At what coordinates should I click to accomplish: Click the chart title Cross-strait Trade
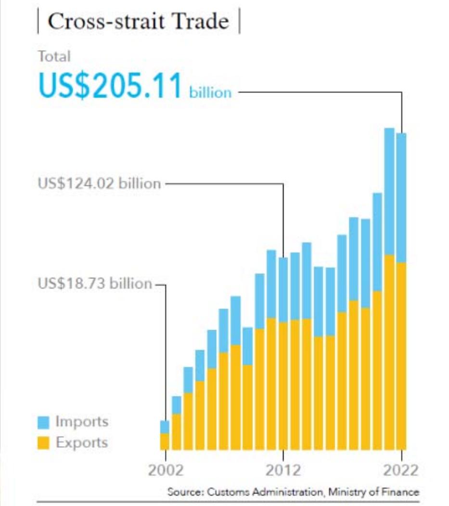pos(138,22)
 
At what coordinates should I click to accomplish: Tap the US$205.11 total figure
pos(110,85)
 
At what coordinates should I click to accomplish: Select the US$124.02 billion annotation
pos(99,184)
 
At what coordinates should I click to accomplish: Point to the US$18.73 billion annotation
pos(95,283)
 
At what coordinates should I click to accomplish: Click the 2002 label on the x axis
pos(165,469)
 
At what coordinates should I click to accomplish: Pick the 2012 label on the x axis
pos(283,469)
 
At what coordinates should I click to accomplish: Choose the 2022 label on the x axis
pos(401,469)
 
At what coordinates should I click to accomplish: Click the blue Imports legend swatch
pos(44,423)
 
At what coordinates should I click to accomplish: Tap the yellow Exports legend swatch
pos(44,443)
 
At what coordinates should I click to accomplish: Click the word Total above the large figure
pos(54,57)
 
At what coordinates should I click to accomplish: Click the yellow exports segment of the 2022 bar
pos(401,357)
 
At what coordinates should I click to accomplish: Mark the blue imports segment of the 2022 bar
pos(401,198)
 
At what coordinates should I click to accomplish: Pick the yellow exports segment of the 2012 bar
pos(283,386)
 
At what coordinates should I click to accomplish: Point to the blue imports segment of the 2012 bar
pos(283,290)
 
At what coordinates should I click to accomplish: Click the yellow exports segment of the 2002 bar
pos(165,441)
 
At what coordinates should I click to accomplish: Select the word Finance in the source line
pos(404,493)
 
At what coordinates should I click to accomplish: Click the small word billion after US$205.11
pos(210,92)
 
